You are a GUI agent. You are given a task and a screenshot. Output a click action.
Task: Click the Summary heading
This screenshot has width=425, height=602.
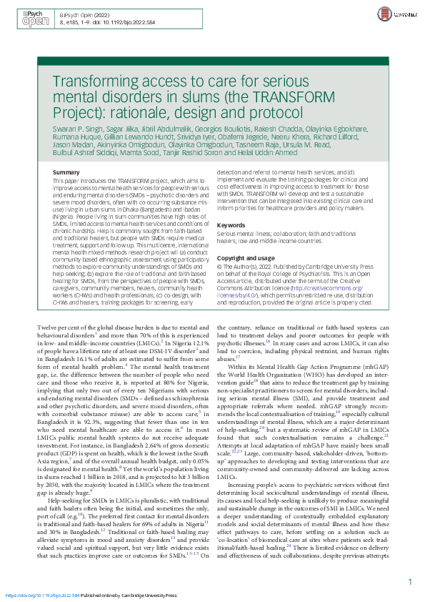pos(66,173)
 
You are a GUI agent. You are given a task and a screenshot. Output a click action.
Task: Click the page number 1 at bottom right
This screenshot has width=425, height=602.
pos(409,582)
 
